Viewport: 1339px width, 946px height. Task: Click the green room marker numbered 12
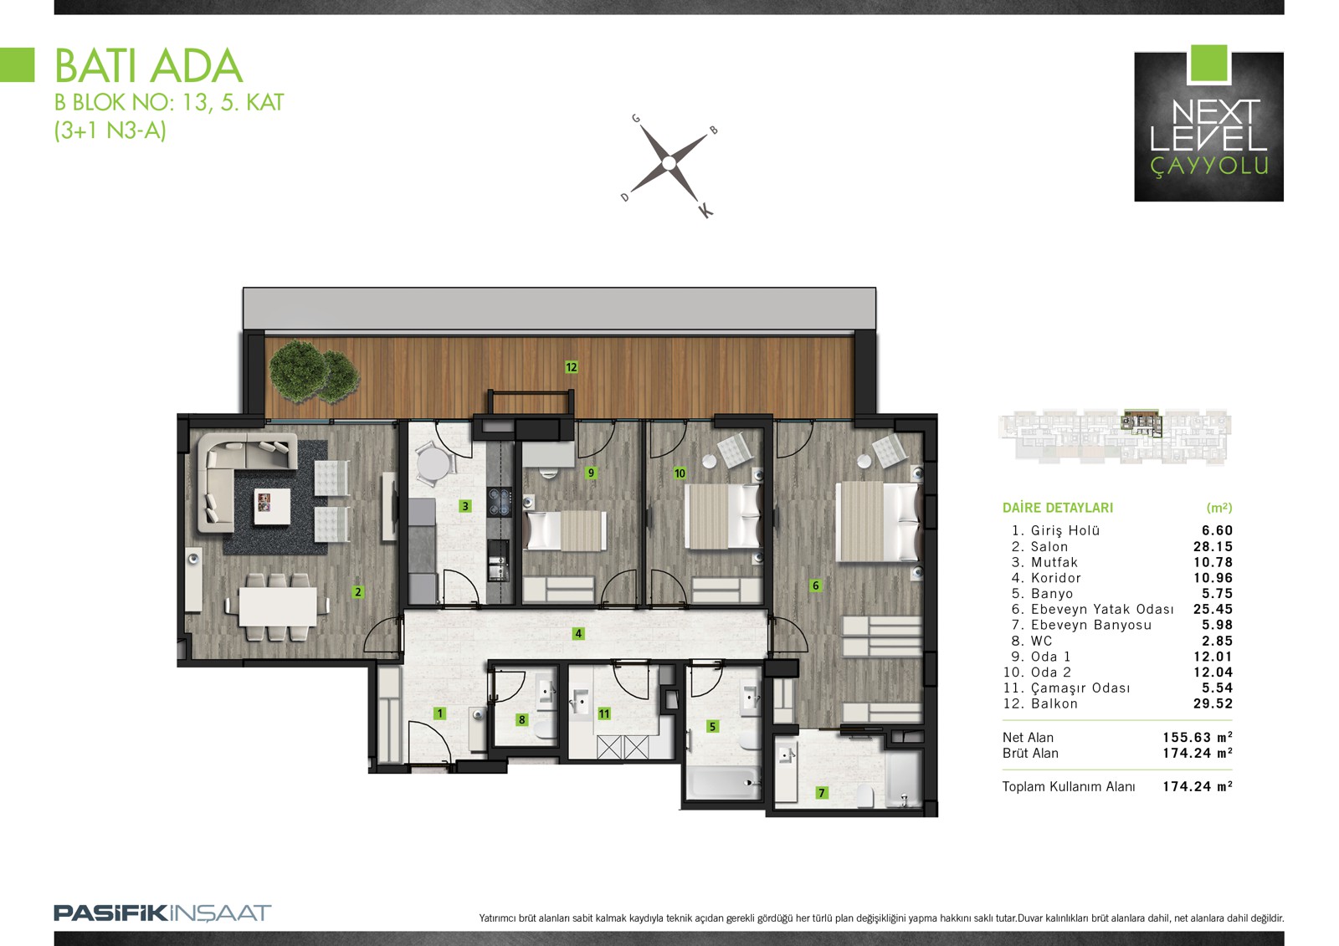[572, 367]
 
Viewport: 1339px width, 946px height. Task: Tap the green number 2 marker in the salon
[358, 591]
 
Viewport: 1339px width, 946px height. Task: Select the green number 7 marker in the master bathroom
[822, 792]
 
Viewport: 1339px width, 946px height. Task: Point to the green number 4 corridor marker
[578, 633]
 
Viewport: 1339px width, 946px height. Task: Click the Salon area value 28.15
[1213, 546]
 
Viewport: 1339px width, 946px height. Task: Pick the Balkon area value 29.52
[1213, 703]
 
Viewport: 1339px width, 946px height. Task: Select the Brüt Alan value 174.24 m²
[1198, 753]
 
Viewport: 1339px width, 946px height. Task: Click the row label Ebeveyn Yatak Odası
[1102, 609]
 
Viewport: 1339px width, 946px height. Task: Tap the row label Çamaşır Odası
[1080, 688]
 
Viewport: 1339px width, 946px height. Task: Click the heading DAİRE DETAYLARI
[1058, 508]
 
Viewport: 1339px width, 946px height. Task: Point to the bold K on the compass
[705, 211]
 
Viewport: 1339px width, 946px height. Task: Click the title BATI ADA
[149, 66]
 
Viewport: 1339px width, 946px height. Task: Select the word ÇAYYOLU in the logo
[1208, 166]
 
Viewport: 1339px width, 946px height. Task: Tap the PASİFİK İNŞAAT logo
[162, 913]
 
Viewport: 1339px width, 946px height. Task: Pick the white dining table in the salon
[278, 606]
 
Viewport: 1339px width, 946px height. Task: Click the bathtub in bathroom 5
[724, 783]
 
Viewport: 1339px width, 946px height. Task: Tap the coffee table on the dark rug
[273, 506]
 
